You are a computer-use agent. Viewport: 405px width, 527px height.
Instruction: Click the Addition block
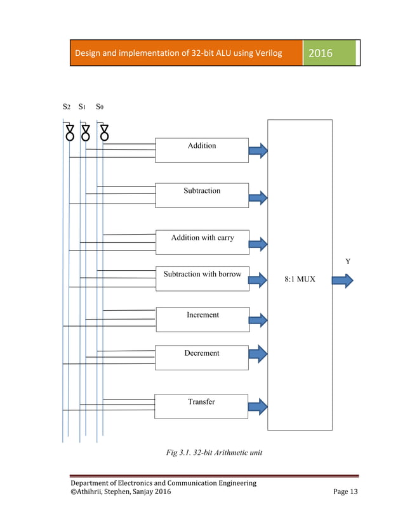coord(202,150)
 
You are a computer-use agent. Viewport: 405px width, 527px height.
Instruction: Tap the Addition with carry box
coord(202,242)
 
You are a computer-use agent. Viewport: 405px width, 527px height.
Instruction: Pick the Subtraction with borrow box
coord(202,278)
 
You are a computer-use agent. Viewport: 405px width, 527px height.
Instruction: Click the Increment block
coord(202,319)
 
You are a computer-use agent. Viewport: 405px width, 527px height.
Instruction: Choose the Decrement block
coord(202,357)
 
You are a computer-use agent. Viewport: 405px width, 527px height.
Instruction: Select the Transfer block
coord(202,406)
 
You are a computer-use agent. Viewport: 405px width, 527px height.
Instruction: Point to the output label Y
coord(347,261)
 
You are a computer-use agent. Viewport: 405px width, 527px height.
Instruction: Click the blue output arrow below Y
coord(343,280)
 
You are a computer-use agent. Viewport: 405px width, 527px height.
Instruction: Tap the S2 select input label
coord(67,107)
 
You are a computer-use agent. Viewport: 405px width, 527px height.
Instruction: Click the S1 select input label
coord(83,107)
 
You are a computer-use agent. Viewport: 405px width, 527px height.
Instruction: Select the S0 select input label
coord(100,107)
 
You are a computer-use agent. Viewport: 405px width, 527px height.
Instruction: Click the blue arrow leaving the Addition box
coord(258,151)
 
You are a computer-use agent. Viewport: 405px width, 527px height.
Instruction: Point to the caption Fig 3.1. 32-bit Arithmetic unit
coord(214,453)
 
